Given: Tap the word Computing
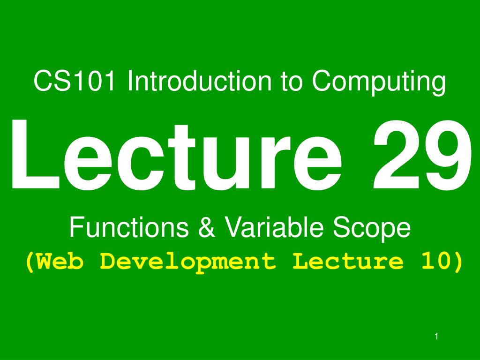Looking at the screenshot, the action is point(379,82).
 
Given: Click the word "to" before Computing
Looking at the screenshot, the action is point(292,82).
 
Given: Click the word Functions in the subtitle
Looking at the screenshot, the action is point(129,227).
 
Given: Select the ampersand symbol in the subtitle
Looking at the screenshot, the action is point(207,227).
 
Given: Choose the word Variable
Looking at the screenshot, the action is point(274,227).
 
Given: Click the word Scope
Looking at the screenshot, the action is point(371,229).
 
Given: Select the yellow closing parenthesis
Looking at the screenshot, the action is point(458,262).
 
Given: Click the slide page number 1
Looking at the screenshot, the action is point(436,337).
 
